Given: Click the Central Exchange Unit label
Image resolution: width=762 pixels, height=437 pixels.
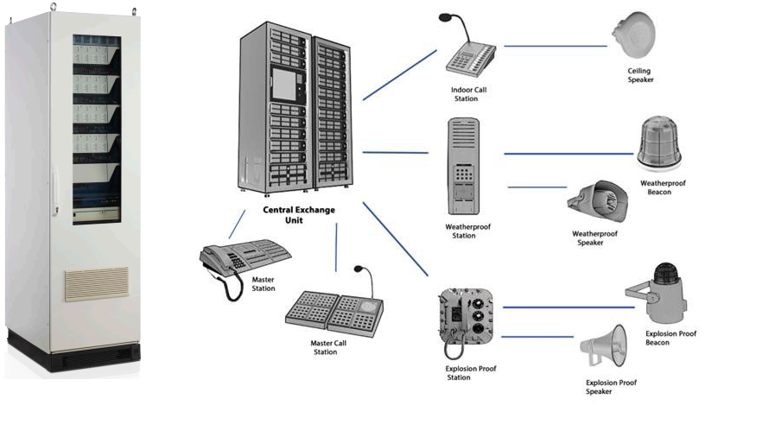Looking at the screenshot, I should click(298, 215).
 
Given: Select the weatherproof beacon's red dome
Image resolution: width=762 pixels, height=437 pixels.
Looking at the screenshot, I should click(658, 138).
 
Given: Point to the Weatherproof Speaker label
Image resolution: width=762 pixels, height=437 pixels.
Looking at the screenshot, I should click(595, 237).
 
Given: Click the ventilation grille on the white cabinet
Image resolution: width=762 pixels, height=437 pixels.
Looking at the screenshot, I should click(96, 284).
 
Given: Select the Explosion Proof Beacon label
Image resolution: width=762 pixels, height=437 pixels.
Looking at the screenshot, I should click(670, 338).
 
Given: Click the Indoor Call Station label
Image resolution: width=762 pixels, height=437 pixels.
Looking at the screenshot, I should click(469, 93).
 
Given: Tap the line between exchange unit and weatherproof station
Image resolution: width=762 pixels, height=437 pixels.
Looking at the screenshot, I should click(395, 153).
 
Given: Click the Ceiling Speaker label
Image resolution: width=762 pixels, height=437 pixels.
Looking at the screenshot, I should click(640, 75).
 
